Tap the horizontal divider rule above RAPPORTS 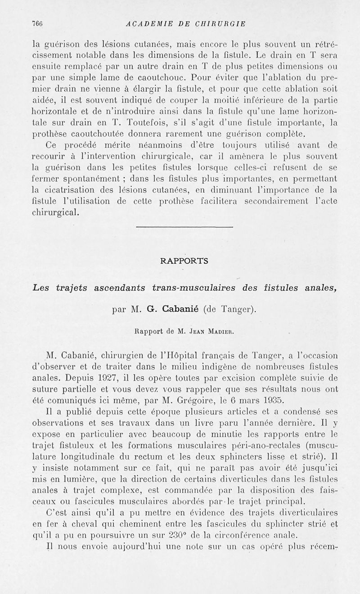click(x=184, y=227)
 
